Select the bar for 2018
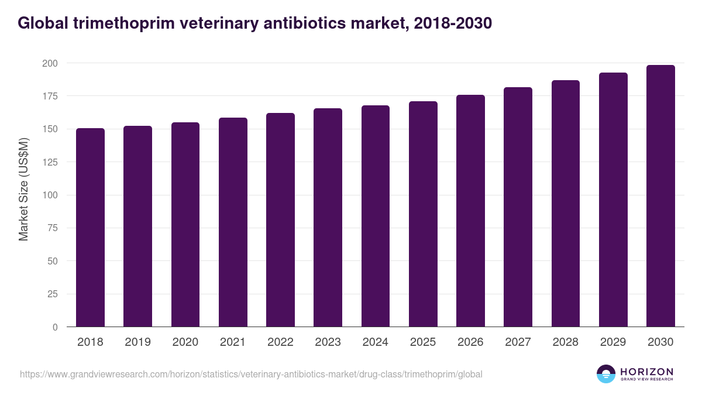[x=90, y=228]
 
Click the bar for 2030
[x=660, y=196]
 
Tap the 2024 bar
[x=375, y=216]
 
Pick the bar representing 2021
[x=233, y=222]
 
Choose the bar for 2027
[x=518, y=207]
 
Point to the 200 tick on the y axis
[x=50, y=63]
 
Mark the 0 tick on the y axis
[x=55, y=327]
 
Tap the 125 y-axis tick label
[x=50, y=162]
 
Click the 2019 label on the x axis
[x=137, y=342]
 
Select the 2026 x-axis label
[x=470, y=342]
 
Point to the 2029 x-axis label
[x=613, y=342]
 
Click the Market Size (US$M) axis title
[x=23, y=189]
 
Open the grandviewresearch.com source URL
[x=251, y=374]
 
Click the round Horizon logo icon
[x=606, y=374]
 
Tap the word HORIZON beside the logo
[x=646, y=371]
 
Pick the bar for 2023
[x=328, y=218]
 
